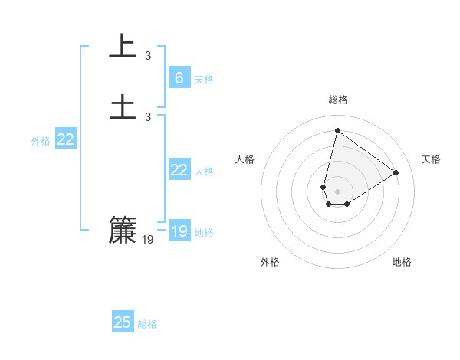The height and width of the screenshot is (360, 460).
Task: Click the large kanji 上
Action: coord(123,47)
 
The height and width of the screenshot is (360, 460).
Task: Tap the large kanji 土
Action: coord(123,106)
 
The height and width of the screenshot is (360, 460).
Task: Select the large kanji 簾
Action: coord(123,230)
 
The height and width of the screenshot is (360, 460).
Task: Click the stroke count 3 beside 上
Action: coord(148,56)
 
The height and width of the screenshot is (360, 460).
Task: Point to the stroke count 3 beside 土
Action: coord(148,116)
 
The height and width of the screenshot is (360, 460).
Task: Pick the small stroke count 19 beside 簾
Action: coord(148,240)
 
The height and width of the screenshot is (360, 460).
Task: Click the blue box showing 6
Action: coord(179,77)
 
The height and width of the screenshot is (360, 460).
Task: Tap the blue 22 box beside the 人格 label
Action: coord(179,170)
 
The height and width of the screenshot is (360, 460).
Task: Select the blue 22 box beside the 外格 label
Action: coord(65,139)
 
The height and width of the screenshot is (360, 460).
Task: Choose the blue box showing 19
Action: coord(179,231)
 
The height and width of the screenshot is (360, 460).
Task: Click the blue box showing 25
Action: coord(123,322)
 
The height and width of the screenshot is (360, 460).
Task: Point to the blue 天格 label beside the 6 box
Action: coord(204,80)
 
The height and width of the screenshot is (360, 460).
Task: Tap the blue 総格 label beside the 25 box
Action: coord(147,325)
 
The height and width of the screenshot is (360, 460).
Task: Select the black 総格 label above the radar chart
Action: coord(338,100)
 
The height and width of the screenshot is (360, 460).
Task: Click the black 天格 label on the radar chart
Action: coord(431,159)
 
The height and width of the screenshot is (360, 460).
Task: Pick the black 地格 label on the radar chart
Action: coord(402,262)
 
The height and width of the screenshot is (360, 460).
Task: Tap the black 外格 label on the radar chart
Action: coord(270,262)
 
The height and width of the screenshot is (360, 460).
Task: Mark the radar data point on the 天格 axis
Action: coord(396,173)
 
